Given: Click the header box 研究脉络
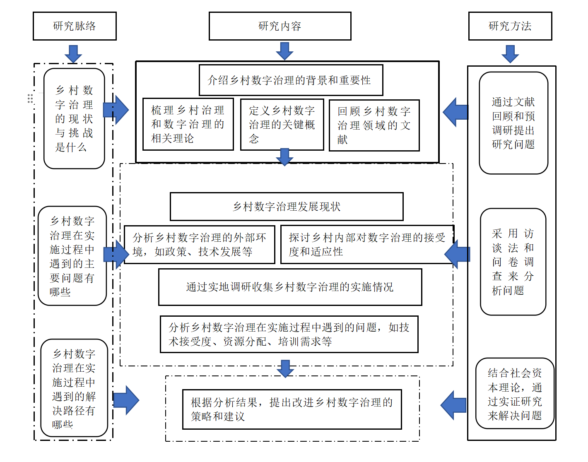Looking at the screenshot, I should pos(75,26).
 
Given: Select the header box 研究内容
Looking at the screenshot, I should pos(280,26).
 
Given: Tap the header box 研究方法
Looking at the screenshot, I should pos(510,26).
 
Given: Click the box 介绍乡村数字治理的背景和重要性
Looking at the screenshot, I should pos(291,80).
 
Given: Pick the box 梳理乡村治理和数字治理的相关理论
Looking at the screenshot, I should pos(188,124).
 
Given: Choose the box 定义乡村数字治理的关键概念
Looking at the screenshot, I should pos(282,124).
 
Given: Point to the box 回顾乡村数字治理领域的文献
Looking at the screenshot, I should pos(374,125).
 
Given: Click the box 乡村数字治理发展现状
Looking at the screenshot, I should pos(287,206).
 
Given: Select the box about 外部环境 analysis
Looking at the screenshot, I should pos(199,244).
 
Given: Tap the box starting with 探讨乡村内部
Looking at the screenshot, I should pos(367,244).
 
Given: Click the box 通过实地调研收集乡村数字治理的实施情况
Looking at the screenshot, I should pos(290,287).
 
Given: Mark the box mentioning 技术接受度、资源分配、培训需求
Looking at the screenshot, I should pos(289,334).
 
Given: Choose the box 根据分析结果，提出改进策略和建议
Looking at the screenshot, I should pos(292,409).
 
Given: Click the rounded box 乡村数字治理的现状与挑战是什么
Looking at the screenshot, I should pos(74,118).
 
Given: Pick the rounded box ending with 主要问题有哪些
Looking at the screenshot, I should pos(72,256).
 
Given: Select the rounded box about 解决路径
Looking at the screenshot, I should pos(74,388).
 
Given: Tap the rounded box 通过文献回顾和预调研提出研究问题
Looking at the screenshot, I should pos(513,123).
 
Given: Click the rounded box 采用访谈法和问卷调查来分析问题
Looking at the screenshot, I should pos(513,262).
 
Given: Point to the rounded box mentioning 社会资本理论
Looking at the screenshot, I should pos(515,393).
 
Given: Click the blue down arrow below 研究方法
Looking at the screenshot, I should pos(510,54).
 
